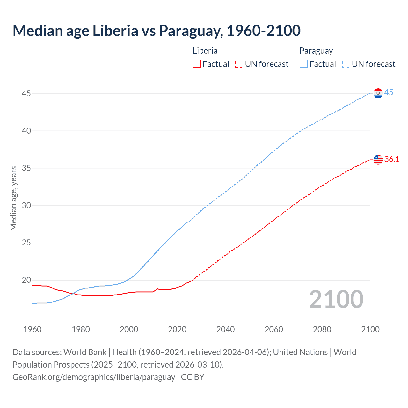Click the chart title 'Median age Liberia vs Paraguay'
(156, 31)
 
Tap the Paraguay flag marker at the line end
(378, 93)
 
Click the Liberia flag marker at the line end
(378, 159)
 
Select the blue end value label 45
(389, 93)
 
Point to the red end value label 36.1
(392, 159)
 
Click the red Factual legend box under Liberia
(197, 64)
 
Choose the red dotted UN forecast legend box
(239, 64)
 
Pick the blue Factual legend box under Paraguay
(304, 64)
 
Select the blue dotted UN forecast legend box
(346, 64)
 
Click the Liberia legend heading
(205, 51)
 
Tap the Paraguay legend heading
(316, 51)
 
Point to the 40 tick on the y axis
(26, 131)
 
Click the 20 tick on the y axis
(26, 280)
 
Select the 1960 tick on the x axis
(33, 329)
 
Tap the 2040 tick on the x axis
(225, 329)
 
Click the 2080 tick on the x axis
(322, 329)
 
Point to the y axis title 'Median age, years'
(13, 198)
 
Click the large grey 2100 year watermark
(336, 299)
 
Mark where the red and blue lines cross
(73, 293)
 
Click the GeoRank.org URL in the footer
(94, 377)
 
